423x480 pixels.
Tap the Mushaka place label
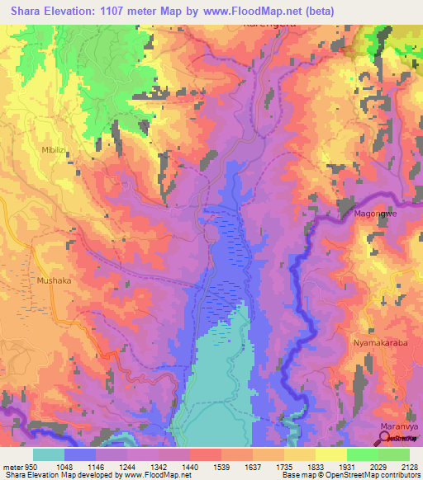pos(54,280)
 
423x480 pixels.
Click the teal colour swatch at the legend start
pos(49,454)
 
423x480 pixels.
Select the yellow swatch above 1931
pos(330,454)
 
